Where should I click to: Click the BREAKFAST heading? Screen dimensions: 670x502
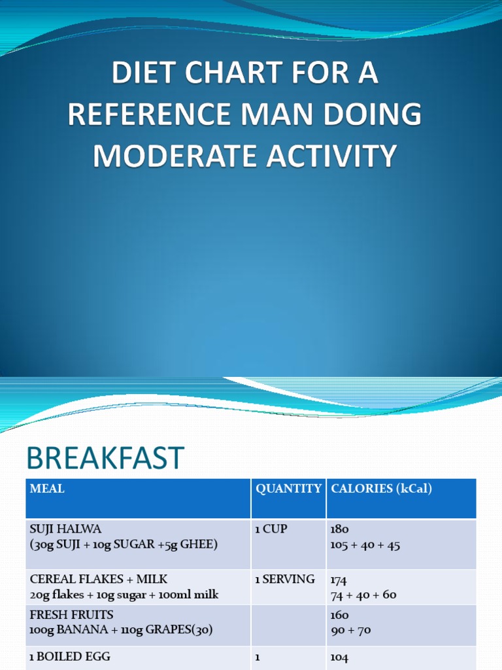105,458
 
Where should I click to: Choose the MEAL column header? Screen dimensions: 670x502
47,489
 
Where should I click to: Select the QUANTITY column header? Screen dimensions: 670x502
288,489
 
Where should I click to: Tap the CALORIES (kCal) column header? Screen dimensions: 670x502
382,489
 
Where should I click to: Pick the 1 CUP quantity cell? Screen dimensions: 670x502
271,529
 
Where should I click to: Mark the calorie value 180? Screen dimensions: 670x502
340,529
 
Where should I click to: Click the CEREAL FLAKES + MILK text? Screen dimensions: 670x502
99,579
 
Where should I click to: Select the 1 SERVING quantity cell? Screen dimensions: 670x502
285,579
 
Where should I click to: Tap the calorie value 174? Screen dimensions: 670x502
339,580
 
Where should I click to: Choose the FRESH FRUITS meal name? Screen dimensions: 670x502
72,615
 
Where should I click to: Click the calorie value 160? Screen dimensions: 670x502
340,615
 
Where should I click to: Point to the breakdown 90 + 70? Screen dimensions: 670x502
356,631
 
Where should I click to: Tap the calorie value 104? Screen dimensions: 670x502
340,658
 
